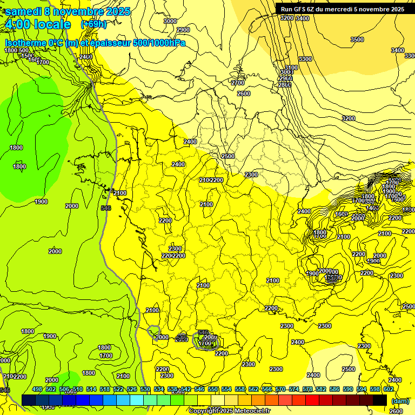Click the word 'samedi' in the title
tap(23, 11)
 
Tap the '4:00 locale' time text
tap(38, 24)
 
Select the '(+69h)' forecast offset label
tap(93, 24)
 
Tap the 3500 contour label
tap(357, 39)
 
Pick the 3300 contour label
tap(305, 59)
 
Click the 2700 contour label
tap(238, 83)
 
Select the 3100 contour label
tap(291, 68)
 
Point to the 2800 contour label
tap(285, 85)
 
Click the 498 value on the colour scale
tap(37, 389)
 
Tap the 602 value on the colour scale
tap(389, 389)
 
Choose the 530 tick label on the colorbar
tap(145, 389)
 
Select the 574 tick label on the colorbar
tap(294, 389)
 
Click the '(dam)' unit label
tap(400, 400)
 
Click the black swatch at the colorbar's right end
tap(380, 400)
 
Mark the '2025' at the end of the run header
tap(398, 9)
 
